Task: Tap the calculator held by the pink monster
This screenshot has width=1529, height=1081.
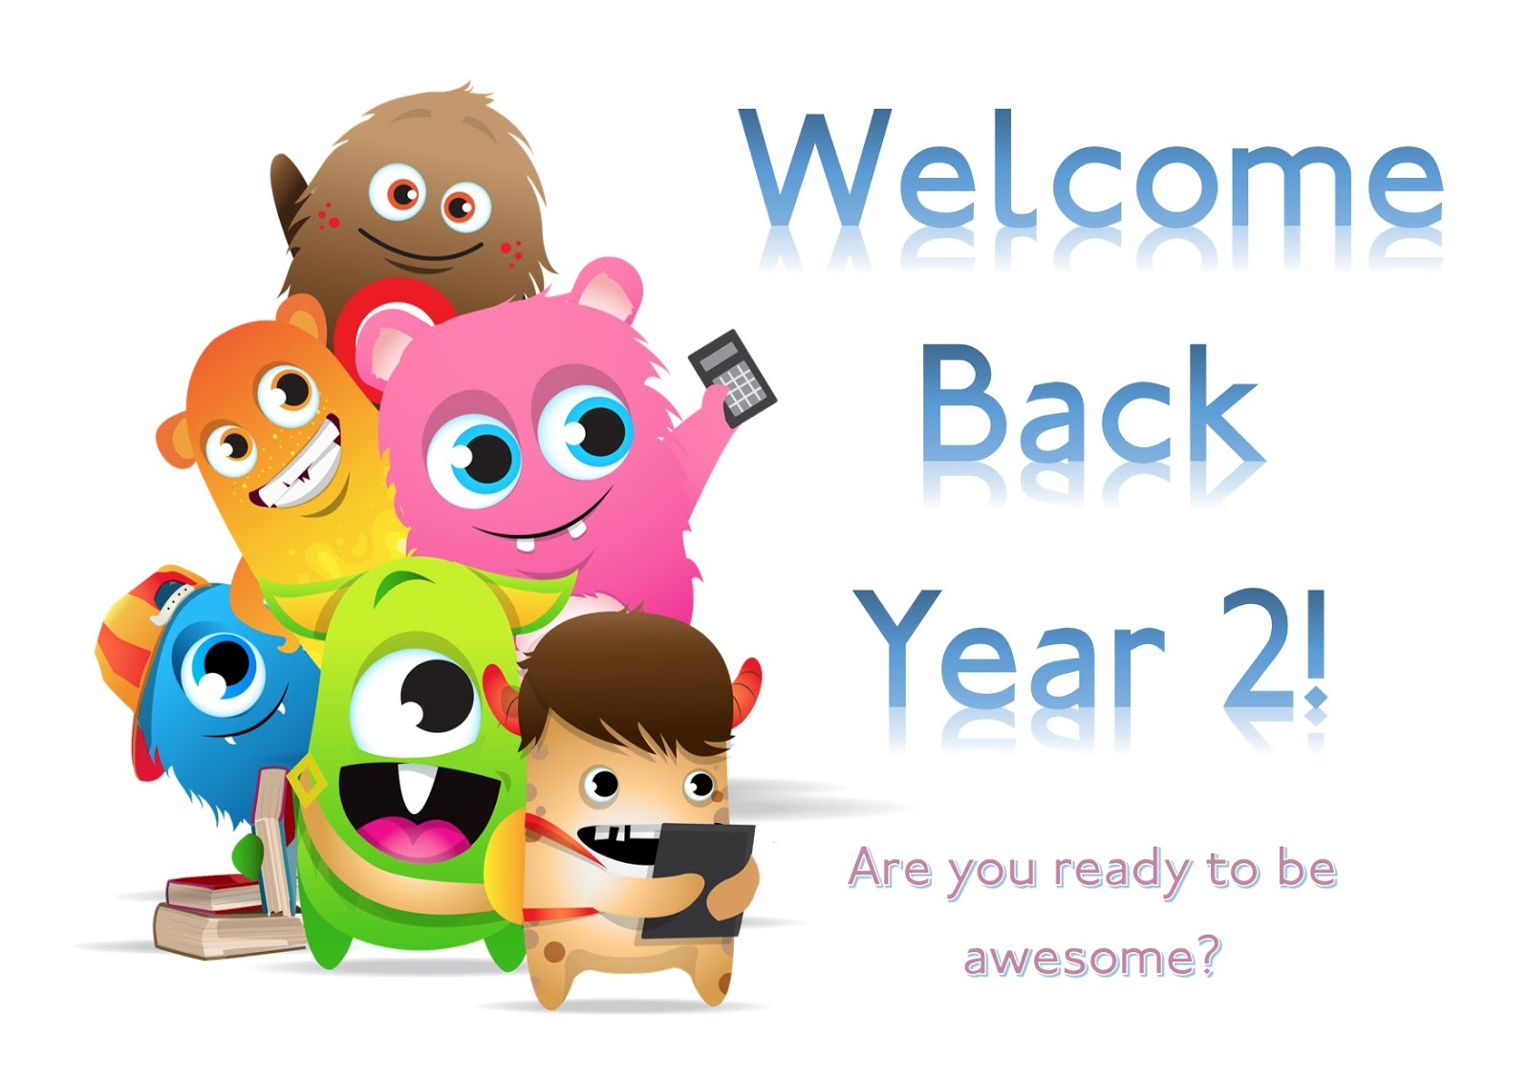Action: point(733,377)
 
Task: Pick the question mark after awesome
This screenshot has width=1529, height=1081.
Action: point(1209,957)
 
